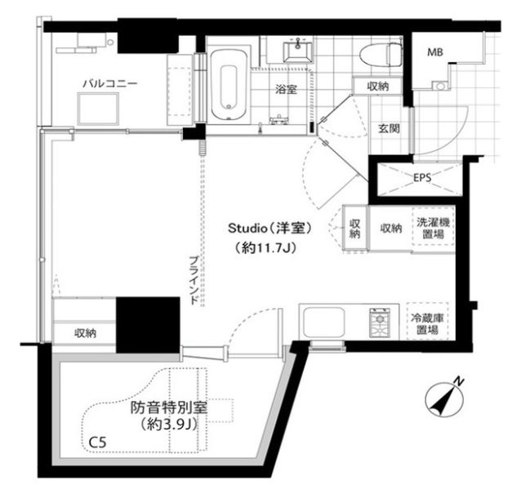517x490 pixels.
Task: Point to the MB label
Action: tap(436, 54)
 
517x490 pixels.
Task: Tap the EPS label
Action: tap(421, 177)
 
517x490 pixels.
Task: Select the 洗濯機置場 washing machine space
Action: tap(430, 228)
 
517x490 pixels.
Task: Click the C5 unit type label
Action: tap(97, 443)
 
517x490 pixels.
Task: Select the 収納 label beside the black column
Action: tap(85, 333)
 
